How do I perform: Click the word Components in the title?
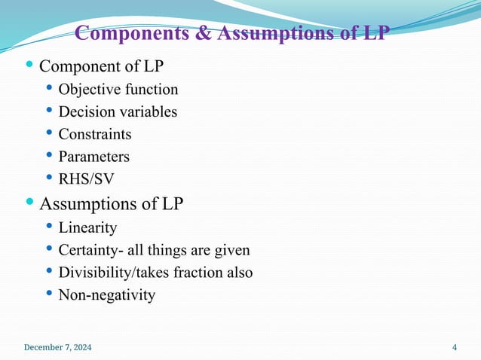click(133, 35)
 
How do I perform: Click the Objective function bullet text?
click(118, 90)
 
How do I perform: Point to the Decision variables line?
click(118, 112)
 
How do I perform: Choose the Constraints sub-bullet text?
click(95, 135)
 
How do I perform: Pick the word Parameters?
click(93, 157)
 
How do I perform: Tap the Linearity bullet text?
click(87, 227)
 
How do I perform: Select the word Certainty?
click(88, 249)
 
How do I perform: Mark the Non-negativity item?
click(106, 294)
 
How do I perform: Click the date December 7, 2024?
click(58, 347)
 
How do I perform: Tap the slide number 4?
click(455, 347)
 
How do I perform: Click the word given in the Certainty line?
click(231, 249)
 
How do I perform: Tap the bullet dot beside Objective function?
click(49, 88)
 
